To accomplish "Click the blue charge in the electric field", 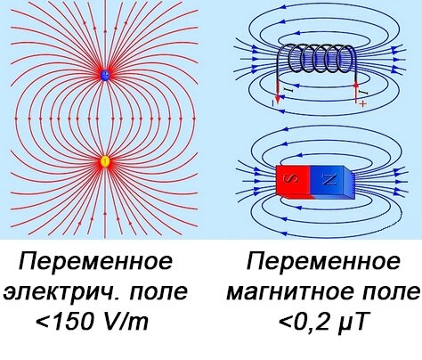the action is (x=105, y=76).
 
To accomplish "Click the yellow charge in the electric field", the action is (x=105, y=161).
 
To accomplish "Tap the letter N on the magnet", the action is (x=329, y=179).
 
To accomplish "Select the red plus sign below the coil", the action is (x=363, y=103).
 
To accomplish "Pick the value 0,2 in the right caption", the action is (x=314, y=322).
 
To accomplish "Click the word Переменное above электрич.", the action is (x=95, y=261).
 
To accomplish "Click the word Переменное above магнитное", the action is (x=323, y=261).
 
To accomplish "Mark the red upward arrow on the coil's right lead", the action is (x=356, y=91).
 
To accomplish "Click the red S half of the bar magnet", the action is (x=293, y=181).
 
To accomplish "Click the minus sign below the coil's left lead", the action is (x=272, y=102).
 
